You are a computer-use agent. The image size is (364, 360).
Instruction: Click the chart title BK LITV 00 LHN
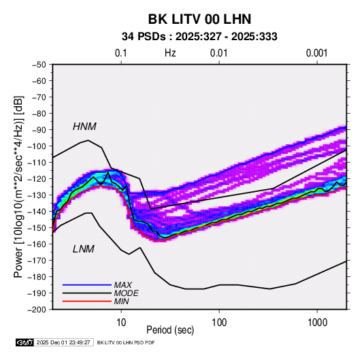199,19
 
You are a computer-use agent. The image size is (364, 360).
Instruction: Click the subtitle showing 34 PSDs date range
199,37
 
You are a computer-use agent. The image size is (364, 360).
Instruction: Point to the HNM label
84,127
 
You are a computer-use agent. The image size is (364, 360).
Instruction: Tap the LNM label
84,249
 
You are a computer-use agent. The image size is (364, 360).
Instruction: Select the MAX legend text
123,285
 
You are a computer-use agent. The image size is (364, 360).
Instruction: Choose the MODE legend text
127,293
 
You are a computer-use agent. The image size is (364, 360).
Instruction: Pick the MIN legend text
122,301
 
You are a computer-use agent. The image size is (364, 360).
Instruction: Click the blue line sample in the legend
87,285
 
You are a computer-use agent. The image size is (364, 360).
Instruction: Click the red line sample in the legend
87,301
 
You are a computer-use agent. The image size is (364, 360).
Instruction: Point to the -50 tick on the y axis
39,65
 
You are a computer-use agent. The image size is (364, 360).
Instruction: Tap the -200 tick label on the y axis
37,310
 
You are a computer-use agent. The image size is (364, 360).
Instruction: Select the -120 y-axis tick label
37,179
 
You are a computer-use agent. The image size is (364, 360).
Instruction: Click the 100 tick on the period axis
219,323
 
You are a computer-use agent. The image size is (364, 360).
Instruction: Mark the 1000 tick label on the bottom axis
317,323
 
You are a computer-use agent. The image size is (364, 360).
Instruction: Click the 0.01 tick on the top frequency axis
218,53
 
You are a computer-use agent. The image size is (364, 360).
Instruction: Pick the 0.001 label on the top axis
317,53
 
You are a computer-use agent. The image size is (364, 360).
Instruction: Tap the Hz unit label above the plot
170,53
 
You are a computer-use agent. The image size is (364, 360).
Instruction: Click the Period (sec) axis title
170,330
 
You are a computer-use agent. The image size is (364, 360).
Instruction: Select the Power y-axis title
18,186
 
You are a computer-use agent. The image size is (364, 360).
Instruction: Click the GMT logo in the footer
25,342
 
